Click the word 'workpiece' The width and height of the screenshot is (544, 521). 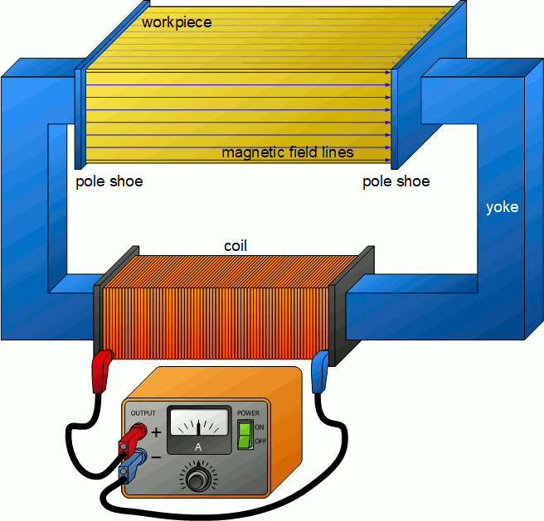pyautogui.click(x=177, y=22)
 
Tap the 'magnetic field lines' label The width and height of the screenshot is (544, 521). pyautogui.click(x=288, y=152)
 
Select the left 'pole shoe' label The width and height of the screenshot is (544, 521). pyautogui.click(x=109, y=181)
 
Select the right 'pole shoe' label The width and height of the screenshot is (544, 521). pyautogui.click(x=396, y=181)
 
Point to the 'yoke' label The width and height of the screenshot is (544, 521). pyautogui.click(x=502, y=207)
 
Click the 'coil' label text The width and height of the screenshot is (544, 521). pyautogui.click(x=236, y=246)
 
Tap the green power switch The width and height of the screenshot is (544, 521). pyautogui.click(x=244, y=434)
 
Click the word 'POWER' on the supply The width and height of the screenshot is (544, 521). pyautogui.click(x=248, y=413)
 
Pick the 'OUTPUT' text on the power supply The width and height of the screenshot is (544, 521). pyautogui.click(x=143, y=412)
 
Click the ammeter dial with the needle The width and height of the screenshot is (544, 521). pyautogui.click(x=199, y=423)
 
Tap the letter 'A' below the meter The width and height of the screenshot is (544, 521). pyautogui.click(x=197, y=447)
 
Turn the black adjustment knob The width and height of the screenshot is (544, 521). pyautogui.click(x=197, y=479)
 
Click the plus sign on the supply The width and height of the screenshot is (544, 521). pyautogui.click(x=156, y=432)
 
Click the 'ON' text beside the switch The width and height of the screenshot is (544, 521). pyautogui.click(x=259, y=427)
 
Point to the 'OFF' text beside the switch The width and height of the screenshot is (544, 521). pyautogui.click(x=260, y=441)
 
